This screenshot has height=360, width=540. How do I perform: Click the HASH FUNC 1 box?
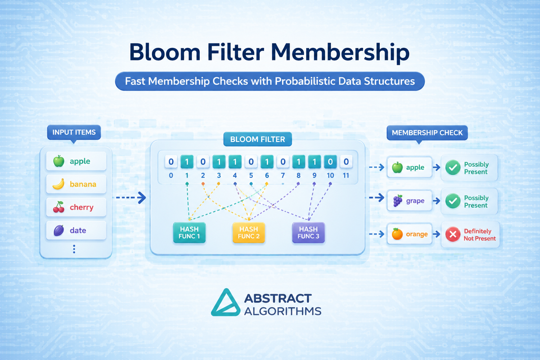[x=189, y=232]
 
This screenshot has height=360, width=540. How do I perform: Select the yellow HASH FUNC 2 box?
[x=249, y=232]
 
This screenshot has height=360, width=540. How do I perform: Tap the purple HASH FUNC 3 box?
[x=308, y=232]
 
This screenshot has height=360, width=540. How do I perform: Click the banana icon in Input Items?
[x=59, y=184]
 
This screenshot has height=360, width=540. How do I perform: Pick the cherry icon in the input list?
[x=59, y=207]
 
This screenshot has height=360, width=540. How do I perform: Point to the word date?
[x=78, y=230]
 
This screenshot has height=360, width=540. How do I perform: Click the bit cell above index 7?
[x=283, y=162]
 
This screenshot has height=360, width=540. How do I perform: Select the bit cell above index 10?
[x=330, y=162]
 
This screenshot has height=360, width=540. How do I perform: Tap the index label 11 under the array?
[x=346, y=175]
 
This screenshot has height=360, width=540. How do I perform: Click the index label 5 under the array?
[x=251, y=175]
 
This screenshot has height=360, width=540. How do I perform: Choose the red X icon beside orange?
[x=453, y=234]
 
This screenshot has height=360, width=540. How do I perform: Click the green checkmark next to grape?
[x=453, y=201]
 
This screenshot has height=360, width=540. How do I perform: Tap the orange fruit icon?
[x=397, y=234]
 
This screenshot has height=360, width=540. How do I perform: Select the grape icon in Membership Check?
[x=398, y=201]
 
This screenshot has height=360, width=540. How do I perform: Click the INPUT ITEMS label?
[x=74, y=133]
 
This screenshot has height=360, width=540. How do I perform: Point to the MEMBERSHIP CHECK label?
[x=427, y=133]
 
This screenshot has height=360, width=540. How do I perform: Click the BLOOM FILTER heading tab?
[x=257, y=139]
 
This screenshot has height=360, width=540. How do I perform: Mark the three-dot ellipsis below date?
[x=74, y=249]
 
